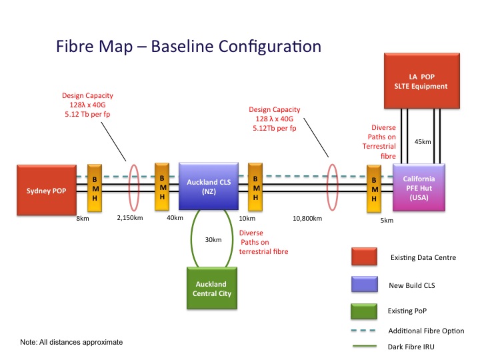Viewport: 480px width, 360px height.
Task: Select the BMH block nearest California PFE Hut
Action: [374, 189]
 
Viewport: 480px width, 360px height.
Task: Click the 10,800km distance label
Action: [307, 218]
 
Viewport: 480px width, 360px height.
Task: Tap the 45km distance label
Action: [423, 141]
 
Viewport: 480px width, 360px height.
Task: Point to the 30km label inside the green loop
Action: [213, 239]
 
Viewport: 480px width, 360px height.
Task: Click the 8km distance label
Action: [83, 218]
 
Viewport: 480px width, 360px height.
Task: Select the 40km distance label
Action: [175, 218]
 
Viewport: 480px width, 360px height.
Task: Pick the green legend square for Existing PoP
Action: [365, 311]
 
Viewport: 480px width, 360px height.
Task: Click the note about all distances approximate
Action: [71, 342]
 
